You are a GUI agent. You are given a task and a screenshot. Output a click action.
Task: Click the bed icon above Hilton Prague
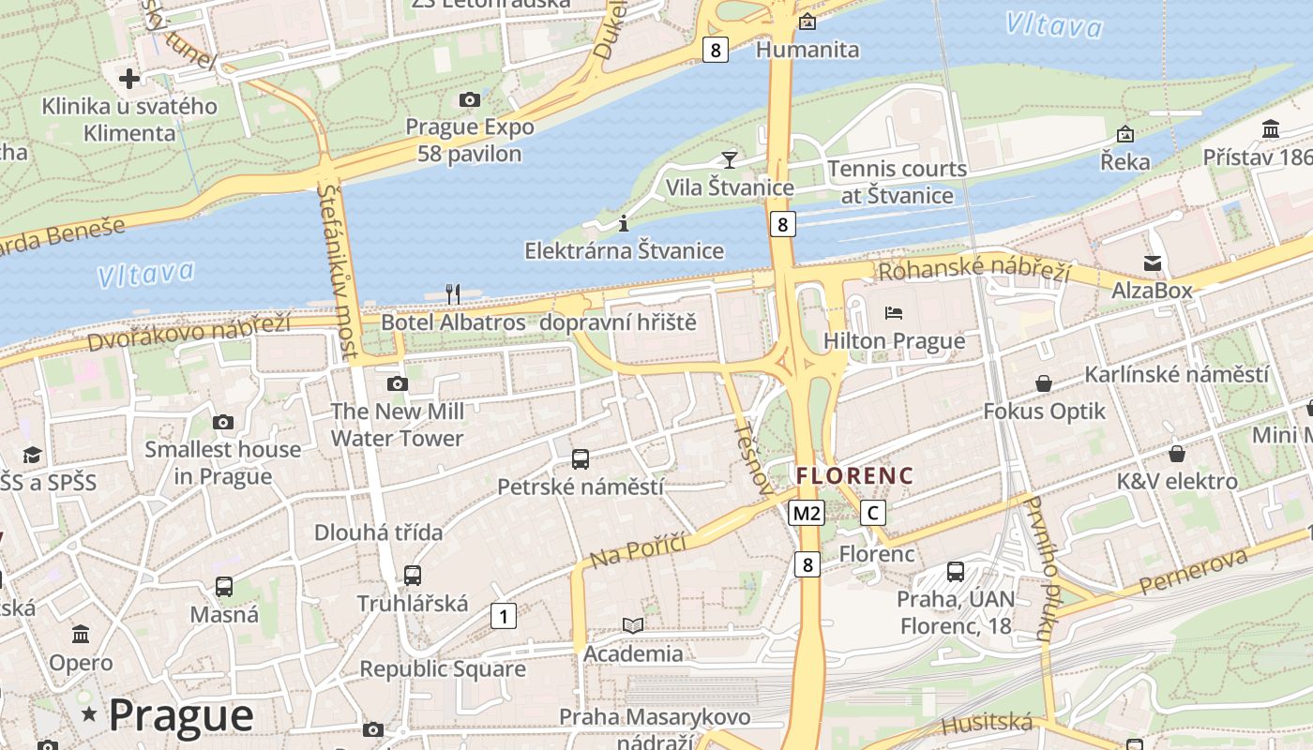893,312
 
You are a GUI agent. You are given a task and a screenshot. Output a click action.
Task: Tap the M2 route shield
807,513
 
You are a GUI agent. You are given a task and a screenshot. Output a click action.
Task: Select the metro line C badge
873,513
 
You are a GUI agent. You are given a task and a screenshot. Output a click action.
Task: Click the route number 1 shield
504,616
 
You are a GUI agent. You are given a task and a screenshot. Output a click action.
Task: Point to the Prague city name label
181,715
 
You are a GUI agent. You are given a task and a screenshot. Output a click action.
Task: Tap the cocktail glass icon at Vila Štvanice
729,159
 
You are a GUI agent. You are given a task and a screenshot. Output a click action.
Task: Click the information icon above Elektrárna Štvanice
624,223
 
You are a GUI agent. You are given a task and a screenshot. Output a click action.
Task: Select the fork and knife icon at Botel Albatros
452,294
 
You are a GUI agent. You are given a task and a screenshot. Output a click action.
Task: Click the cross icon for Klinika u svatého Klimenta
129,78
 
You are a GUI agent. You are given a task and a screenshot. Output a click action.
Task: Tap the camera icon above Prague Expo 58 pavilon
469,99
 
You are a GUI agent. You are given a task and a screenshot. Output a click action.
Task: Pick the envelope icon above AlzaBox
1152,263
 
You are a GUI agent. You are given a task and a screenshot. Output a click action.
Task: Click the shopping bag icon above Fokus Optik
1043,383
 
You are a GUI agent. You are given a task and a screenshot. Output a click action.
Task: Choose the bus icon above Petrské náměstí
581,459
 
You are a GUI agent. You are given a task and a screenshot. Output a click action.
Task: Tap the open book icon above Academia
633,625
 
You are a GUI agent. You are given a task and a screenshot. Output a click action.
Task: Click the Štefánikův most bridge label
338,270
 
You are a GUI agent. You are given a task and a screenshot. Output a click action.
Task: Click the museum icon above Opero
81,635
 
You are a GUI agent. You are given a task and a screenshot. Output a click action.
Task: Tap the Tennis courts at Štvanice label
897,182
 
